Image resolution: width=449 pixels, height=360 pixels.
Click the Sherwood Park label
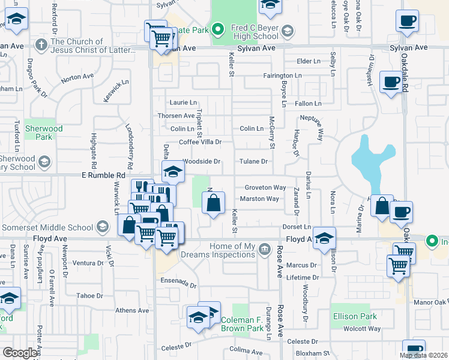click(43, 133)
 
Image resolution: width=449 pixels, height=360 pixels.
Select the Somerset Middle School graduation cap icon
click(103, 227)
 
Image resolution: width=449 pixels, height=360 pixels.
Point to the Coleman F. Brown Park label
click(243, 324)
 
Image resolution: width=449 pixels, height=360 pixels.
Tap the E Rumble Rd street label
click(103, 175)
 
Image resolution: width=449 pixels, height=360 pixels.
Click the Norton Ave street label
click(77, 77)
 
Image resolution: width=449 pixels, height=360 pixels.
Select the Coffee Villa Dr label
click(200, 142)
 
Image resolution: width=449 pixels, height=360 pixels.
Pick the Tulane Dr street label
click(253, 161)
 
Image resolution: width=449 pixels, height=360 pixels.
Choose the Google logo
click(20, 353)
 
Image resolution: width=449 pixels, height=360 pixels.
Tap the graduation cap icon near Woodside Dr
click(173, 172)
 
